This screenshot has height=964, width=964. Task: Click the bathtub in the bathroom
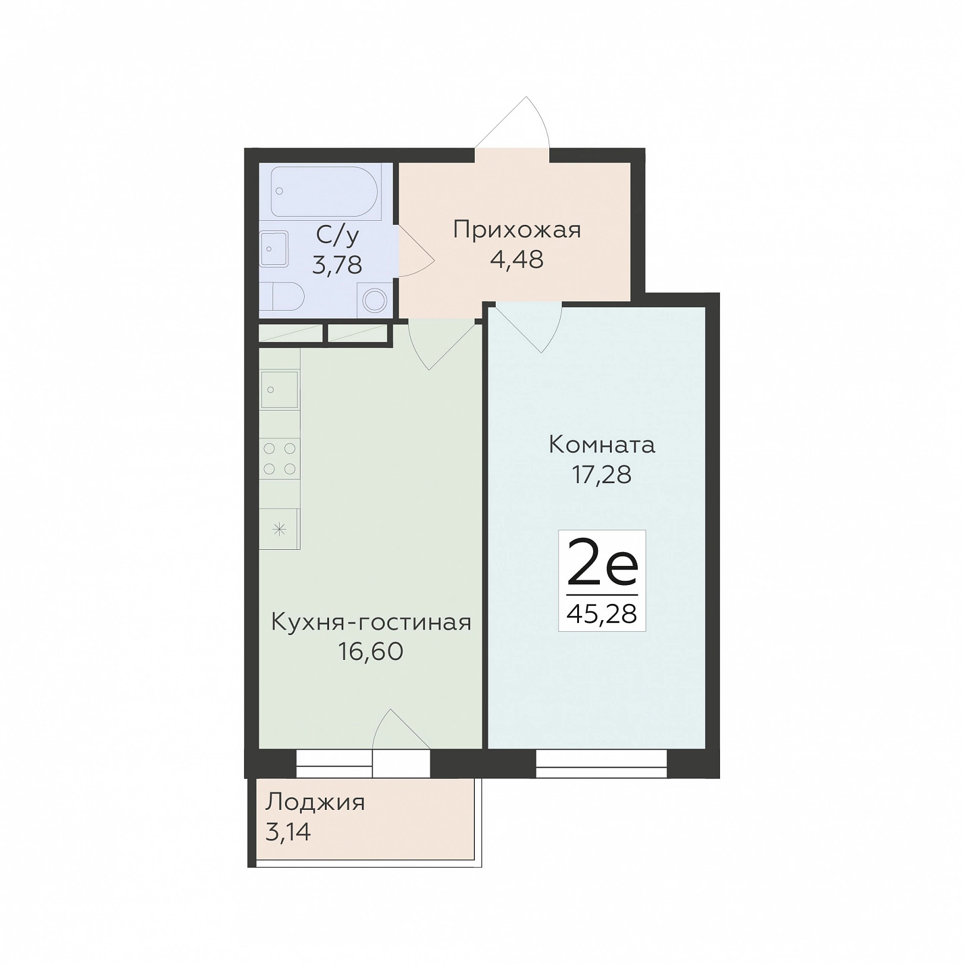pos(325,192)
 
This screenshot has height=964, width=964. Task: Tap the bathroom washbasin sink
pos(274,249)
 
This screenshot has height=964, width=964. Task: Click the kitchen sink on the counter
pos(280,389)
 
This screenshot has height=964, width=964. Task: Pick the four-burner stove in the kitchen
pos(280,458)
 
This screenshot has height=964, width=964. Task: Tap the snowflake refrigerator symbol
pos(280,528)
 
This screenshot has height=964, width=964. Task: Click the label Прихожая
pos(517,230)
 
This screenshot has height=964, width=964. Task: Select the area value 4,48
pos(517,259)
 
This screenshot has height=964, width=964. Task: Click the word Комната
pos(602,445)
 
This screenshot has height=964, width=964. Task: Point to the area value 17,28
pos(602,474)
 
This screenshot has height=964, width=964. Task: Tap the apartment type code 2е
pos(602,563)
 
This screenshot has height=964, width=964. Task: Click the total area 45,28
pos(602,614)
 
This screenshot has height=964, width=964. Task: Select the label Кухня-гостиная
pos(371,622)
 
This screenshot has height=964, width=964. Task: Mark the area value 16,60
pos(371,652)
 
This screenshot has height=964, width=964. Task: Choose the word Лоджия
pos(315,803)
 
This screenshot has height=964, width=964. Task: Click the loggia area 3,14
pos(288,832)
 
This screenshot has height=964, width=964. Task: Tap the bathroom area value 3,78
pos(337,265)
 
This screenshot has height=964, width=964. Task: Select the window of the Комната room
pos(602,764)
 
